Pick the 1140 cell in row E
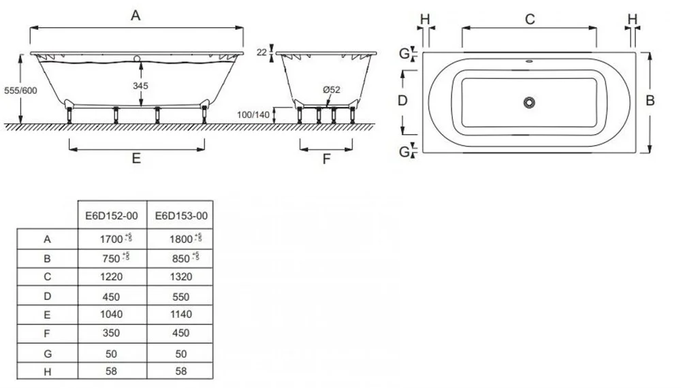pyautogui.click(x=180, y=314)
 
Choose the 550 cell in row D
pyautogui.click(x=180, y=297)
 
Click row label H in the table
pyautogui.click(x=47, y=371)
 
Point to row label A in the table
pyautogui.click(x=47, y=239)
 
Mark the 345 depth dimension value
pyautogui.click(x=141, y=86)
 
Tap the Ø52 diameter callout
pyautogui.click(x=332, y=90)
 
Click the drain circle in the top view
pyautogui.click(x=529, y=102)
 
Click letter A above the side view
pyautogui.click(x=136, y=16)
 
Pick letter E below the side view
pyautogui.click(x=136, y=159)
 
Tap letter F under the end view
pyautogui.click(x=326, y=159)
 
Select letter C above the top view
pyautogui.click(x=529, y=19)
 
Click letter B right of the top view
pyautogui.click(x=650, y=101)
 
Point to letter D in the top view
pyautogui.click(x=402, y=101)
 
